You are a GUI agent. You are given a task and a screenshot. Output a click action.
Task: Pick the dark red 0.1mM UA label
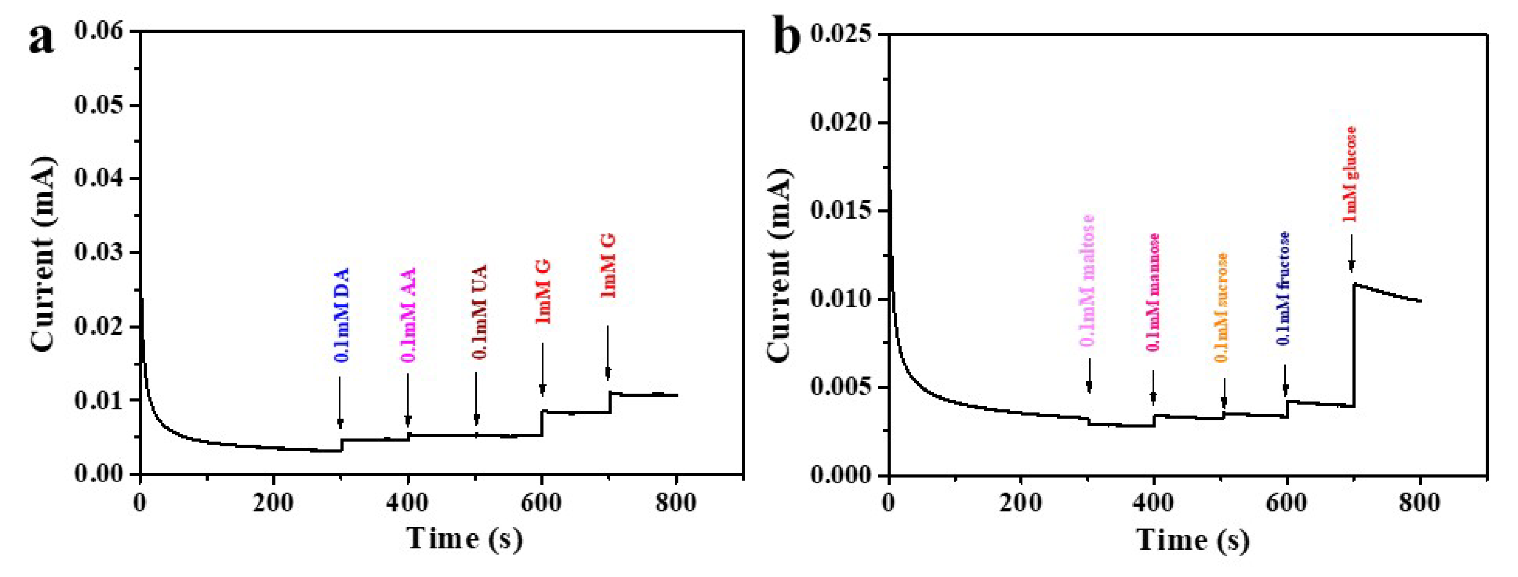(x=479, y=312)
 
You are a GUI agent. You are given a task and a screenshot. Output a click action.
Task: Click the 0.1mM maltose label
(x=1088, y=281)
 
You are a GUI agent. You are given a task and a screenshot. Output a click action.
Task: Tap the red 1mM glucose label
(x=1349, y=174)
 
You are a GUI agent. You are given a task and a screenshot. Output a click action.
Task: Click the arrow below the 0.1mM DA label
(x=340, y=403)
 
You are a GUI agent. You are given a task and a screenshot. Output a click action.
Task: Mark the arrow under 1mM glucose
(x=1351, y=254)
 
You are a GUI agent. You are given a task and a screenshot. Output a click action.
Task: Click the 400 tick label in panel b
(x=1153, y=504)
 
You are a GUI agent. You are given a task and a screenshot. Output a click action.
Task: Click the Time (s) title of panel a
(x=465, y=538)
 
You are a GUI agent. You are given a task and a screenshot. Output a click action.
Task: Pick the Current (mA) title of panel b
(x=780, y=265)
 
